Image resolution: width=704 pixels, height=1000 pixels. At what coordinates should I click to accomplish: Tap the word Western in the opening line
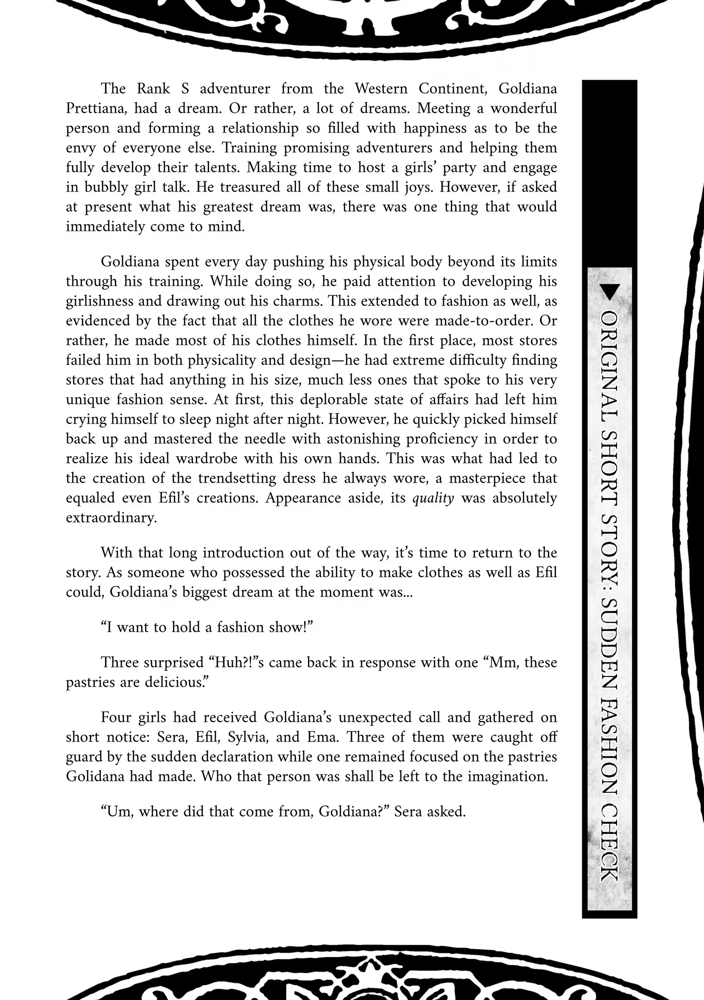[x=380, y=89]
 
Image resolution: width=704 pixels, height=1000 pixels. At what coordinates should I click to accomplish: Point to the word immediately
[x=105, y=226]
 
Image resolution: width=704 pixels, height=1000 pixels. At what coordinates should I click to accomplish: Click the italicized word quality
[x=433, y=498]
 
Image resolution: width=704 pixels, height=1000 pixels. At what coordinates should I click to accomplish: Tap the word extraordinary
[x=111, y=517]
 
